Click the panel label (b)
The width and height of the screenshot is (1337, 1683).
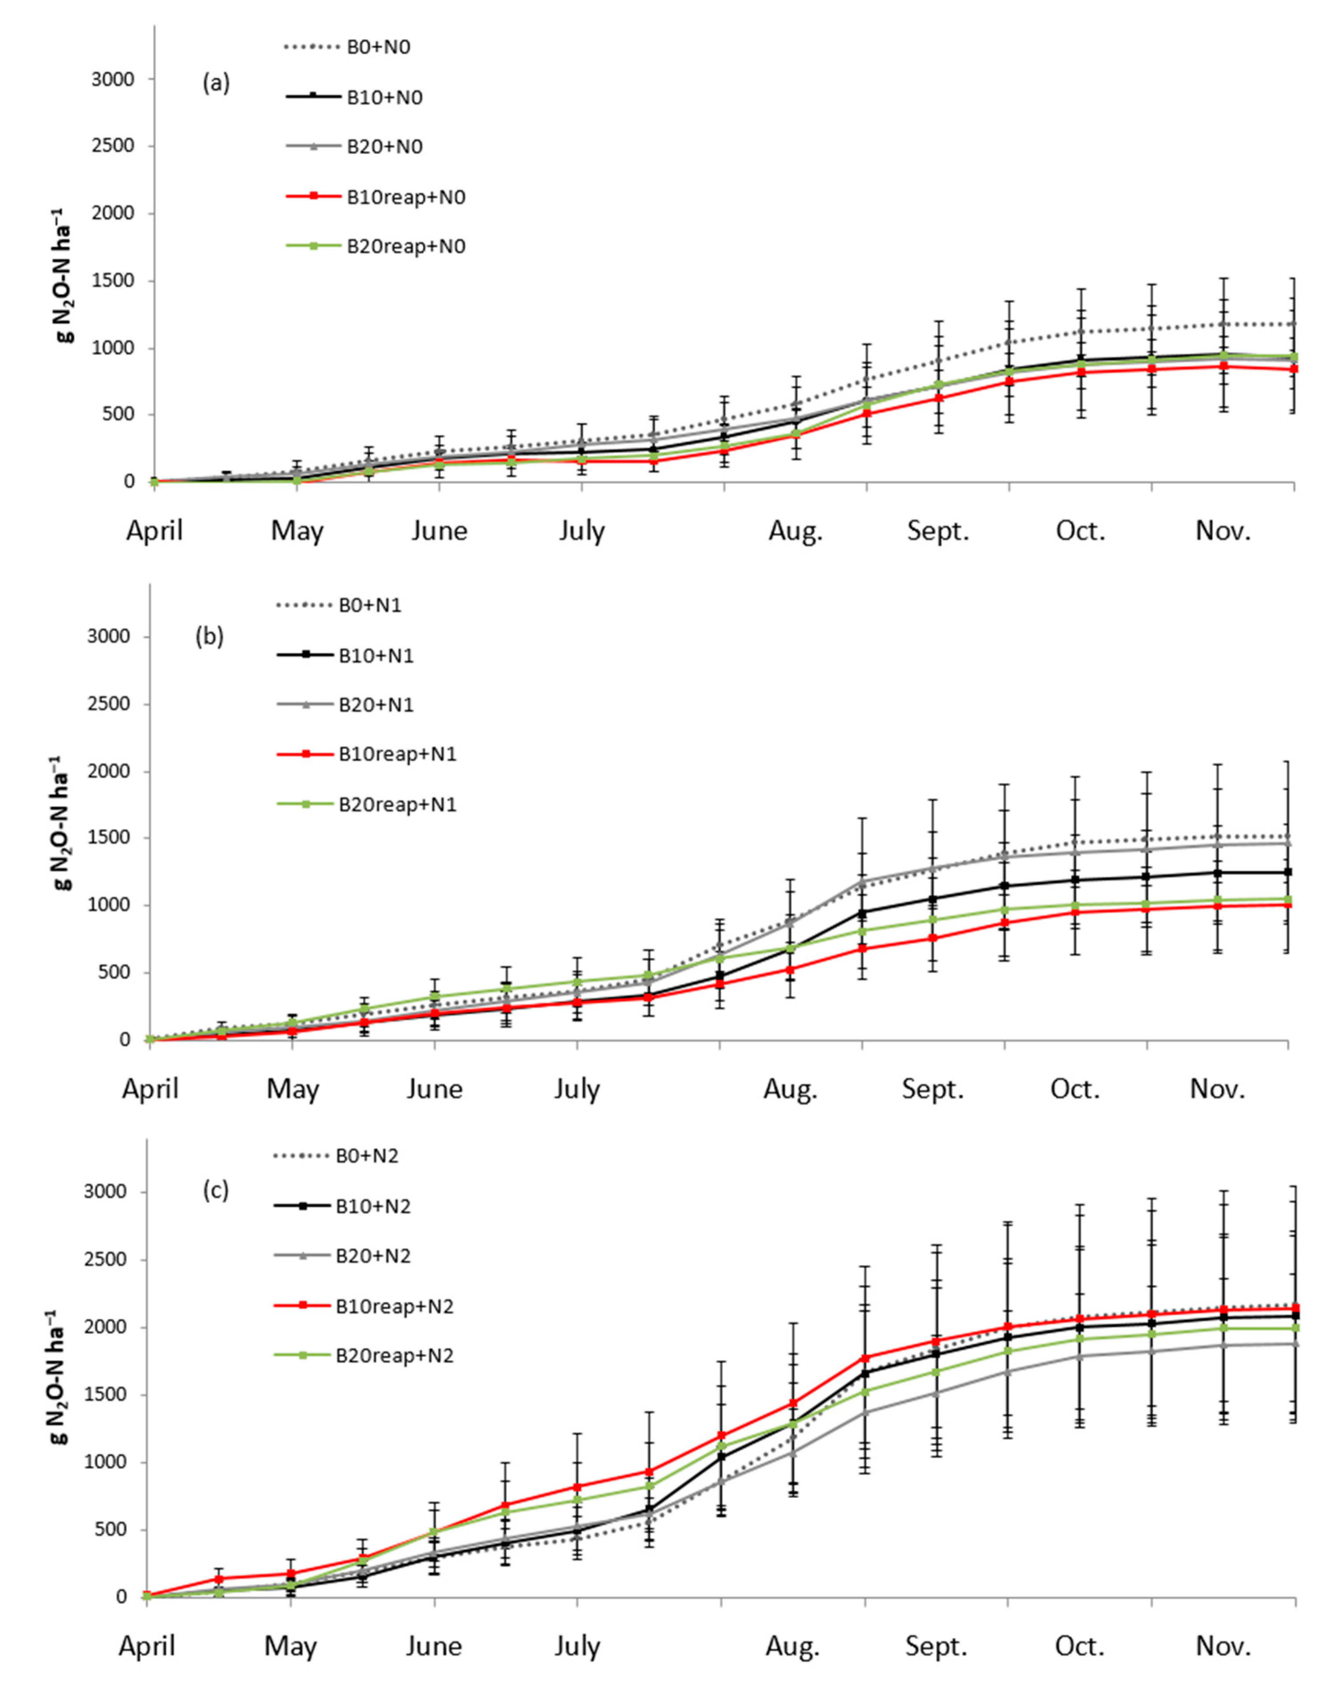[209, 636]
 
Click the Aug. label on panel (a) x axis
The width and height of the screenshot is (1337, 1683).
[795, 531]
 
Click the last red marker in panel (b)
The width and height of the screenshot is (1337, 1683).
[1287, 904]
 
